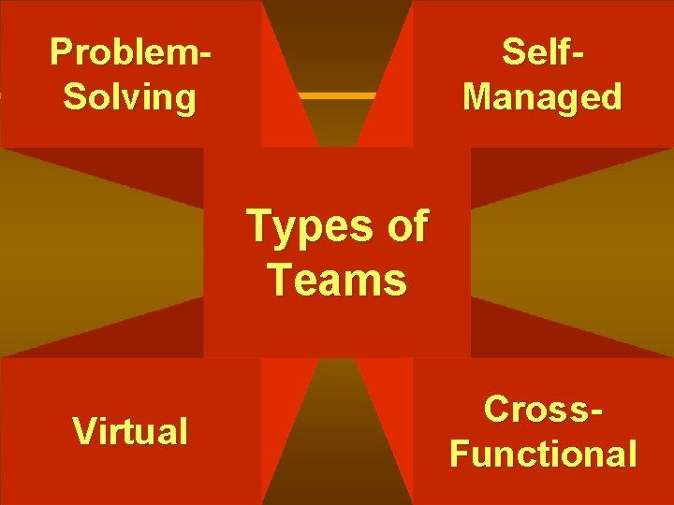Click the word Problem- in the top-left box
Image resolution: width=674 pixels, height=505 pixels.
click(x=130, y=52)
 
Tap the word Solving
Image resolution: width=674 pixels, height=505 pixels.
click(x=130, y=96)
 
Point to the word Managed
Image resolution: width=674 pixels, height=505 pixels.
click(x=543, y=96)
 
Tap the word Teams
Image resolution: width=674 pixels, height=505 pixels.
click(x=337, y=279)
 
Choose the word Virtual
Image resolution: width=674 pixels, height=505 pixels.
click(x=130, y=431)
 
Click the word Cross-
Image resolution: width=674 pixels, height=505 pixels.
click(x=543, y=410)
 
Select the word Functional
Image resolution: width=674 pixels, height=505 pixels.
click(x=543, y=454)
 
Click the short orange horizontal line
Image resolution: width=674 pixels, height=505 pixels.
click(x=336, y=95)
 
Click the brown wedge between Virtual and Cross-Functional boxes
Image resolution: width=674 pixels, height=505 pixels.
click(x=337, y=449)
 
